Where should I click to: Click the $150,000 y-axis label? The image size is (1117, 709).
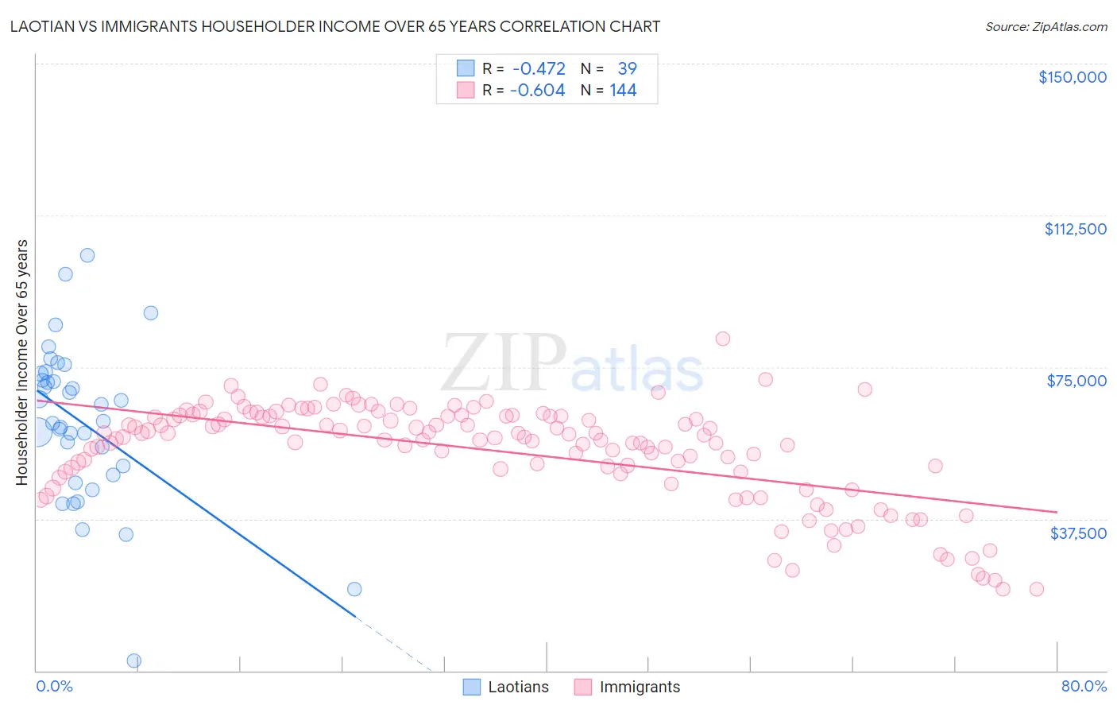pos(1072,77)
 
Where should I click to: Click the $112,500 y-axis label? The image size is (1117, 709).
pos(1075,229)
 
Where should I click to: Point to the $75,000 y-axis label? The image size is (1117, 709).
pos(1076,381)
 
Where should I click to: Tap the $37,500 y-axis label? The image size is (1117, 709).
pos(1078,533)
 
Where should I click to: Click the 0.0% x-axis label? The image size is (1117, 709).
pos(54,686)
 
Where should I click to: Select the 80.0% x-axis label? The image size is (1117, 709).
pos(1084,686)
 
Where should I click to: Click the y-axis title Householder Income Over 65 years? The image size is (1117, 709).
pos(22,362)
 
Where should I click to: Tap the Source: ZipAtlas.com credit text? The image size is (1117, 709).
pos(1045,26)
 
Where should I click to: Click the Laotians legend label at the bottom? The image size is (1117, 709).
pos(518,687)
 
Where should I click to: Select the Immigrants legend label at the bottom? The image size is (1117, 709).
pos(640,687)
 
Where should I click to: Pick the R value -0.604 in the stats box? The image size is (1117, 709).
pos(538,90)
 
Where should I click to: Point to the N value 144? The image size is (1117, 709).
pos(623,90)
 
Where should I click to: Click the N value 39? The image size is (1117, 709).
pos(627,68)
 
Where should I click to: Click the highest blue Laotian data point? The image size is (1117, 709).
pos(87,255)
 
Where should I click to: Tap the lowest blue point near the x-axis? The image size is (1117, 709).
pos(134,661)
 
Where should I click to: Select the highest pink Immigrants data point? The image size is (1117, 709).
pos(722,339)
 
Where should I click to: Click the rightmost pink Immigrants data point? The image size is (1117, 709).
pos(1036,589)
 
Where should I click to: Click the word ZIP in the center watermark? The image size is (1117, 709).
pos(503,362)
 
